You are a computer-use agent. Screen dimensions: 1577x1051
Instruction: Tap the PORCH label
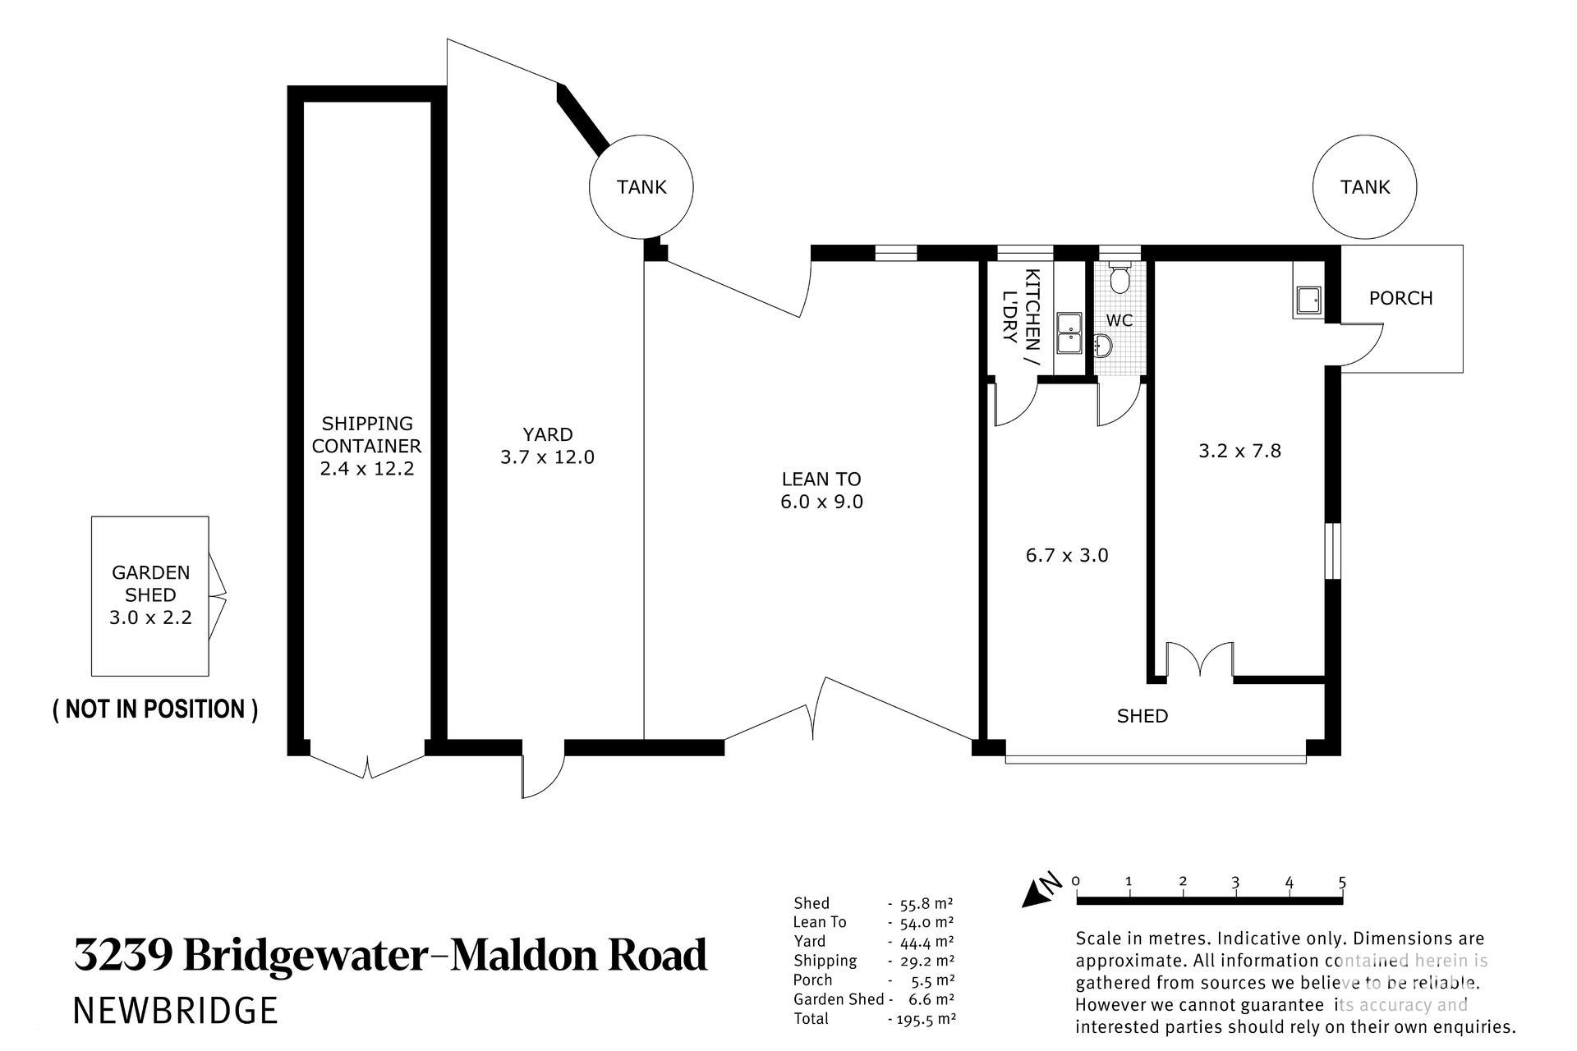[1400, 298]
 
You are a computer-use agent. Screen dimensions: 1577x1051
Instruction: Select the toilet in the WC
[1119, 278]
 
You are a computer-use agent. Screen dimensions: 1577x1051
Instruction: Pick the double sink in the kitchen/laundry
[1069, 333]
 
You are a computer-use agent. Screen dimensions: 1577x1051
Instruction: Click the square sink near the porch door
[1308, 301]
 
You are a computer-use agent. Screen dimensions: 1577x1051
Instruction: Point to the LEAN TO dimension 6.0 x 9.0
[821, 502]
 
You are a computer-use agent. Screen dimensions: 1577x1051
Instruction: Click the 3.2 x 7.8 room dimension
[1239, 451]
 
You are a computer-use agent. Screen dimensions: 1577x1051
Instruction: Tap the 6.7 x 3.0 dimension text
[1067, 556]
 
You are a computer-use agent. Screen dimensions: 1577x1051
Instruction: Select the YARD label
[548, 434]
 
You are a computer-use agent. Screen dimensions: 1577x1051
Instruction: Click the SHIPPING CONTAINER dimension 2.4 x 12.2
[366, 469]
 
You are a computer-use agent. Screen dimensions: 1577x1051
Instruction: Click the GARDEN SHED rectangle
[92, 596]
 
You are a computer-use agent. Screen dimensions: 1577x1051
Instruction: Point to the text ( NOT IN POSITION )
[155, 709]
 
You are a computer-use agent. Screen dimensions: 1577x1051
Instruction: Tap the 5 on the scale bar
[1342, 883]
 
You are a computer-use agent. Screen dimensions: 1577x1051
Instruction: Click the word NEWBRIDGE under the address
[176, 1010]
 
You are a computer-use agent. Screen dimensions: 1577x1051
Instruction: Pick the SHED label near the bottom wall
[1142, 716]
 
